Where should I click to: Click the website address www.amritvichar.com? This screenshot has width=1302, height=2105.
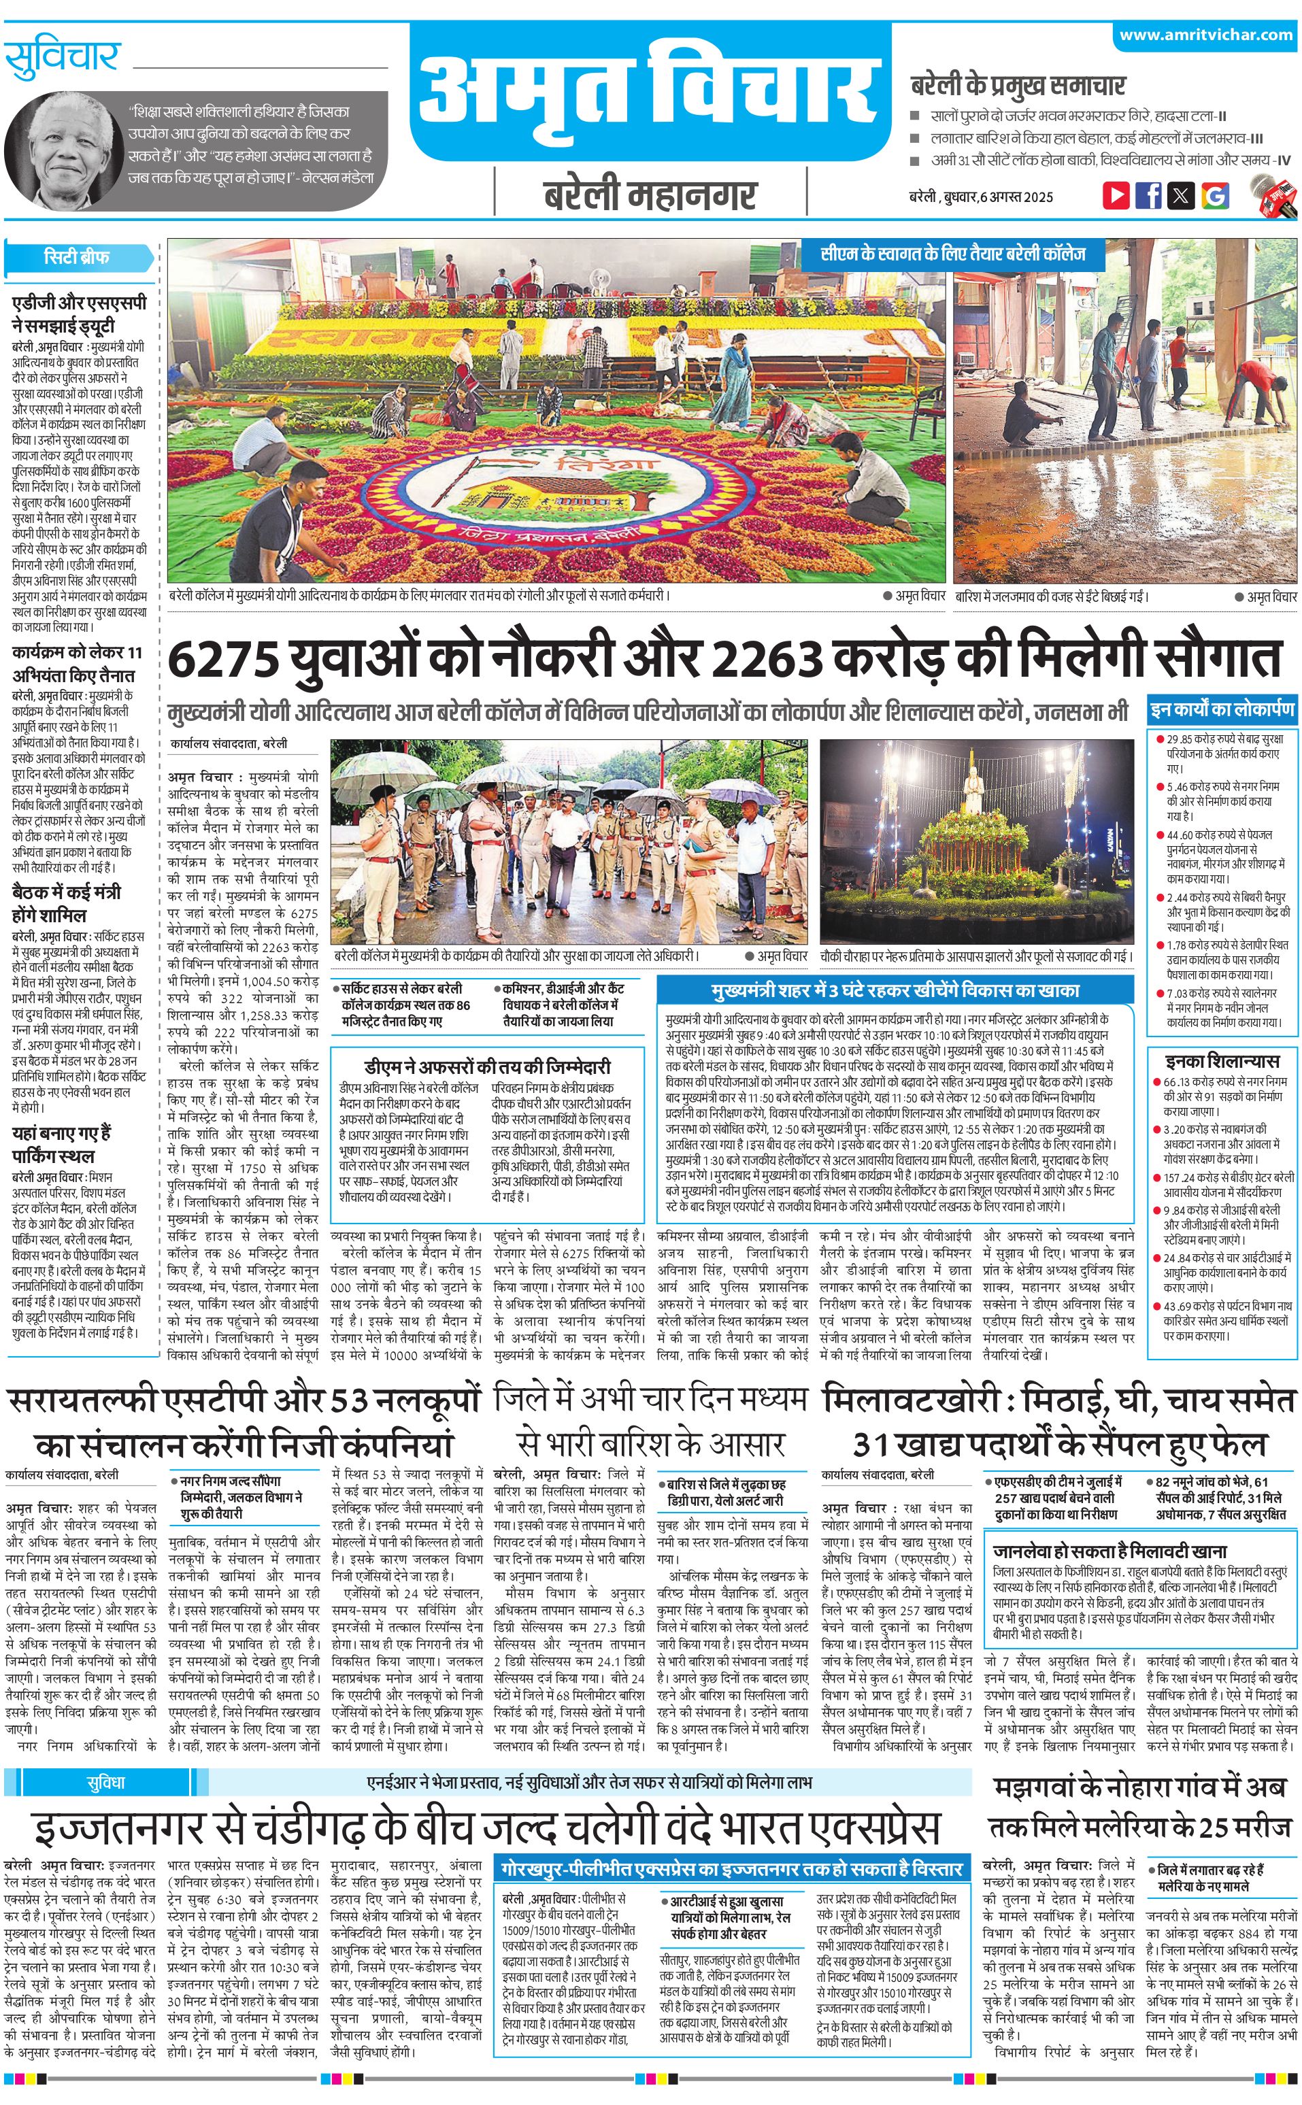coord(1205,35)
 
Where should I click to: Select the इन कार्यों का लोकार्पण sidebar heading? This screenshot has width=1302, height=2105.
coord(1222,710)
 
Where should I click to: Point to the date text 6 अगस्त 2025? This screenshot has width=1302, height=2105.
coord(1018,197)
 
